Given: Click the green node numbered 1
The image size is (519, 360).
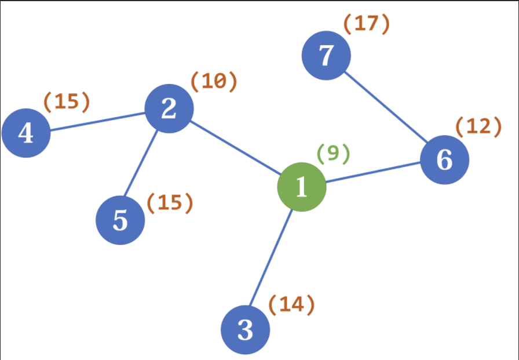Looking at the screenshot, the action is click(x=302, y=187).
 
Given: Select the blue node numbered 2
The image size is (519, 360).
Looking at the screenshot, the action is click(x=169, y=108).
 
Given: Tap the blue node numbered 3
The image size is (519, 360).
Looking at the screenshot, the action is click(x=245, y=330).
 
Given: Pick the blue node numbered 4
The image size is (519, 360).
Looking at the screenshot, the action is click(x=26, y=133).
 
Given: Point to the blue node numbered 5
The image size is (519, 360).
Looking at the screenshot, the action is click(x=120, y=220).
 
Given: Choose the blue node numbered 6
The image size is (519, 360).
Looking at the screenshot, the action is click(x=444, y=160).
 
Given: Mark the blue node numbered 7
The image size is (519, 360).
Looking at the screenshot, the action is click(x=326, y=55).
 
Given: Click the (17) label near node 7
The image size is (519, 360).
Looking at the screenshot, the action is click(x=367, y=25).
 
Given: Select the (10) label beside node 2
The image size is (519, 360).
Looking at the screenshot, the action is click(x=214, y=82).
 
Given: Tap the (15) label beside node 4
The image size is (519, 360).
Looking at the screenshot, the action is click(x=67, y=101).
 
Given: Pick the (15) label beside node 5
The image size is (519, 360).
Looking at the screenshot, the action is click(x=170, y=203).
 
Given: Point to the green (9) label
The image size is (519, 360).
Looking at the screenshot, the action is click(x=333, y=155).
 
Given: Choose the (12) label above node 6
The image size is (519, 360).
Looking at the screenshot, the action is click(x=478, y=127).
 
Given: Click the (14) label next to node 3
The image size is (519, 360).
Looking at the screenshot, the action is click(x=291, y=305).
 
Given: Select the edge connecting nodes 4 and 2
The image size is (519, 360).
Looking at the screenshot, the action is click(x=98, y=122).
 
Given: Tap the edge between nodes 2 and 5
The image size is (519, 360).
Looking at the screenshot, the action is click(x=141, y=163).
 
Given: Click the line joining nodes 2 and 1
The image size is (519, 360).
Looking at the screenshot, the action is click(x=235, y=148).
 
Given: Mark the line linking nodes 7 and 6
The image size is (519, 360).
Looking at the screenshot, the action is click(x=385, y=107).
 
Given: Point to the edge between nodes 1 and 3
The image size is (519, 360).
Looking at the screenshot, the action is click(x=271, y=258).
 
